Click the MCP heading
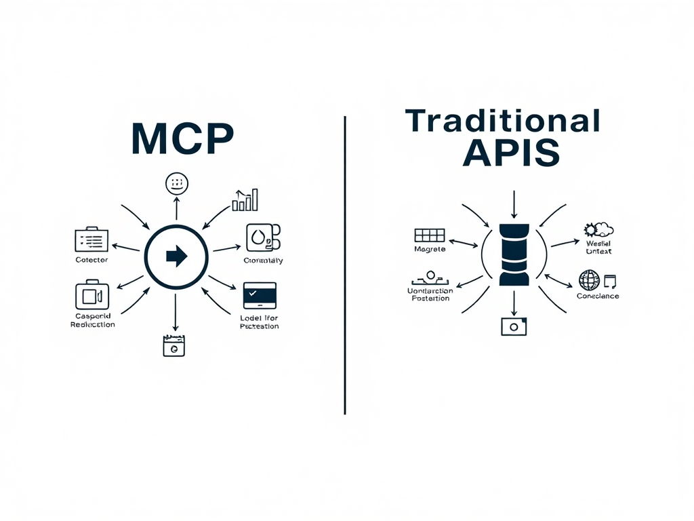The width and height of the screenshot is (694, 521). tap(182, 139)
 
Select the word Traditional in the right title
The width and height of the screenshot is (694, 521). tap(502, 121)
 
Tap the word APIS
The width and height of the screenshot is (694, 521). tap(511, 153)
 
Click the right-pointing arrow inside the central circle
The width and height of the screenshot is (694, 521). tap(176, 256)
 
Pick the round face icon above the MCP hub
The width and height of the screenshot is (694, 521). tap(176, 183)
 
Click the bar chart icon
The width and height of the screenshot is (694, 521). tap(245, 200)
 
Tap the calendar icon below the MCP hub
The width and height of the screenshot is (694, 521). tap(174, 345)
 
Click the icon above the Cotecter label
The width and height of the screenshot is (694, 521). tap(91, 239)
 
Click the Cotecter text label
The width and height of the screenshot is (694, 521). tap(91, 260)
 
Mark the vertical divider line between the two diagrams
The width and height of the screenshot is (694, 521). tap(345, 265)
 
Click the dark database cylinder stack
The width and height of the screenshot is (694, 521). tap(513, 254)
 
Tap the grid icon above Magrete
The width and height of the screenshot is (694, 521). tap(429, 235)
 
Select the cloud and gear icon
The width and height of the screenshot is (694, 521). tap(599, 230)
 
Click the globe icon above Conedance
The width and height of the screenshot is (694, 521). tap(590, 280)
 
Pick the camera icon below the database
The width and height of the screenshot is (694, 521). tap(514, 326)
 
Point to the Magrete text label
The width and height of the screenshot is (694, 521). tap(430, 249)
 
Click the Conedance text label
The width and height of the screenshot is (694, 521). tap(598, 296)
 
